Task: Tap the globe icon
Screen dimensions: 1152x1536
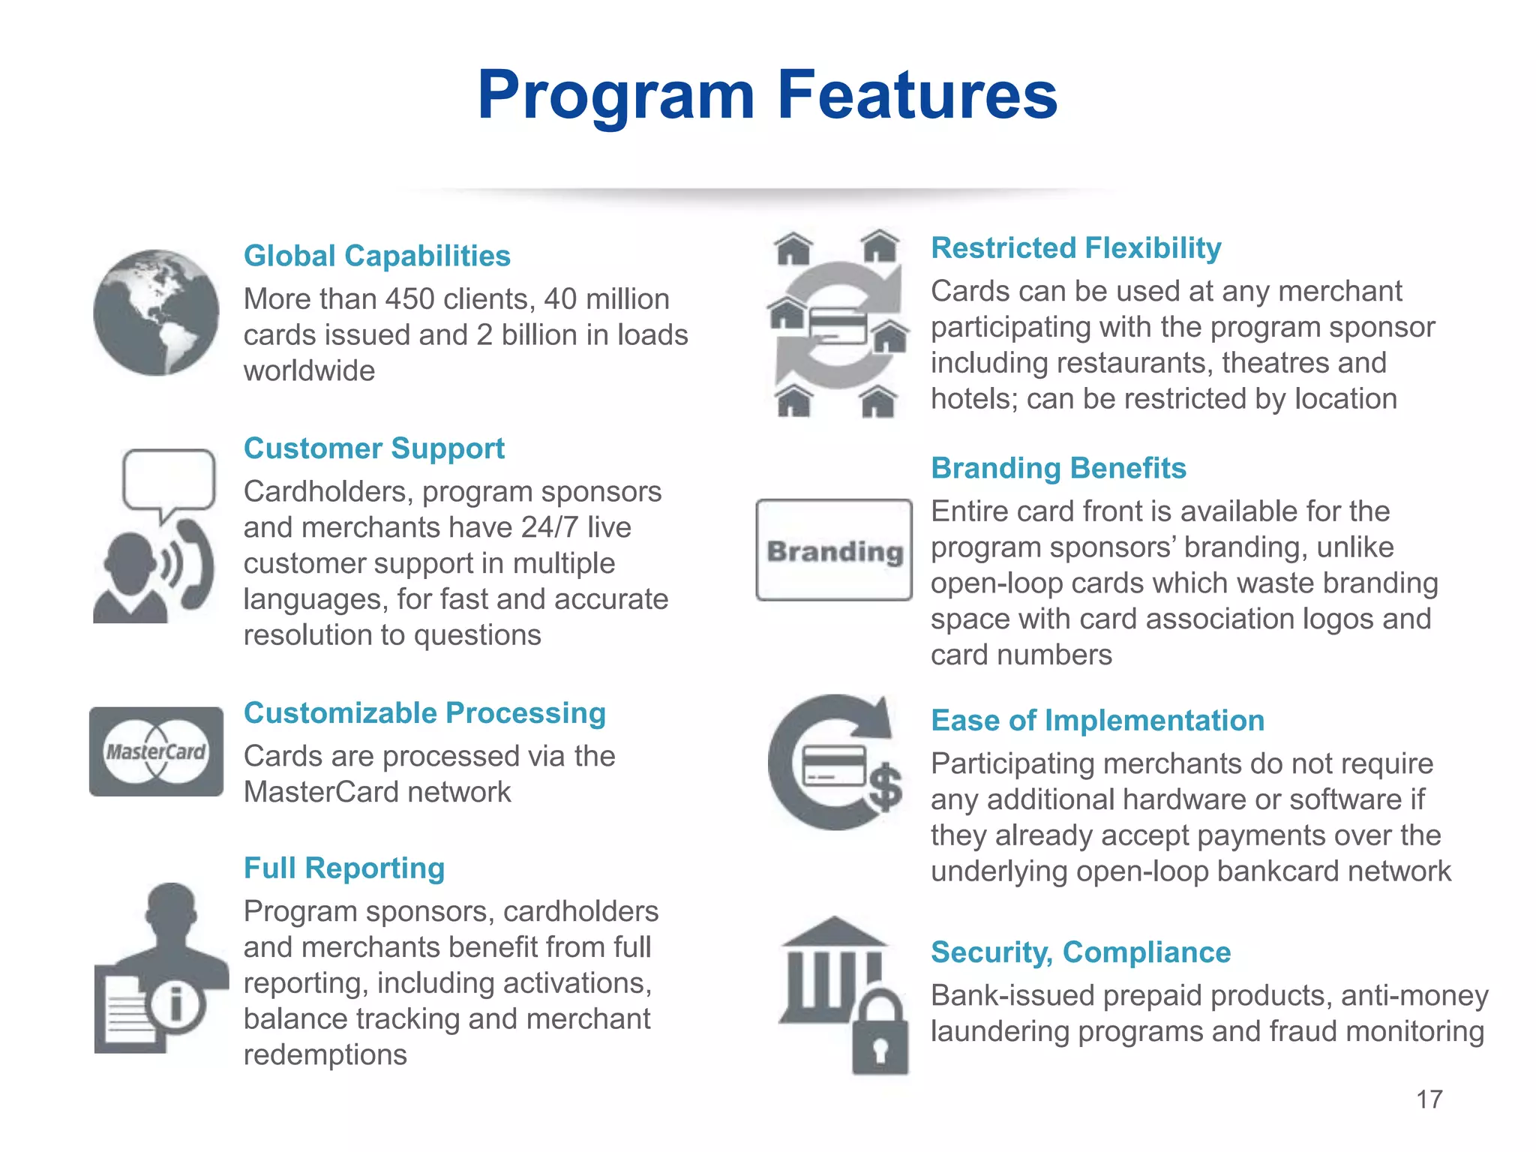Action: pos(156,312)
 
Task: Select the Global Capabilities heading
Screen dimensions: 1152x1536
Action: pos(376,256)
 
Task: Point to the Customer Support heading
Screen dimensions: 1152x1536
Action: pos(373,448)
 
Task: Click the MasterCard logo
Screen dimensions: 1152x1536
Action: pos(156,751)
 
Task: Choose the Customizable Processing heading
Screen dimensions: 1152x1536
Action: pos(424,712)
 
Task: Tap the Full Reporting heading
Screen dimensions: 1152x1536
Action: pos(344,868)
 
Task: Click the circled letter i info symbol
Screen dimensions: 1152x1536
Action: pos(176,1003)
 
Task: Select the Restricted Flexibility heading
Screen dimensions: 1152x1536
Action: pos(1075,247)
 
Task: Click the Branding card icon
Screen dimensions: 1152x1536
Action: pos(834,550)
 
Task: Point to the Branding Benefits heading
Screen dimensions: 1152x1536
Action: pos(1058,468)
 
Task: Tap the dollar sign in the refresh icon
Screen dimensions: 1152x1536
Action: pos(886,787)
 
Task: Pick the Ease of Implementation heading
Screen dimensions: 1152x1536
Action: pos(1097,720)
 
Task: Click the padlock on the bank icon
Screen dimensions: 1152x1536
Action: pos(880,1034)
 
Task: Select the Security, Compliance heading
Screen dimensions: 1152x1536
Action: pos(1080,952)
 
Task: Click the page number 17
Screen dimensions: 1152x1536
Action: pos(1429,1099)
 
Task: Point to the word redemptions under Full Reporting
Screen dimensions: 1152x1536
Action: pos(325,1054)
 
